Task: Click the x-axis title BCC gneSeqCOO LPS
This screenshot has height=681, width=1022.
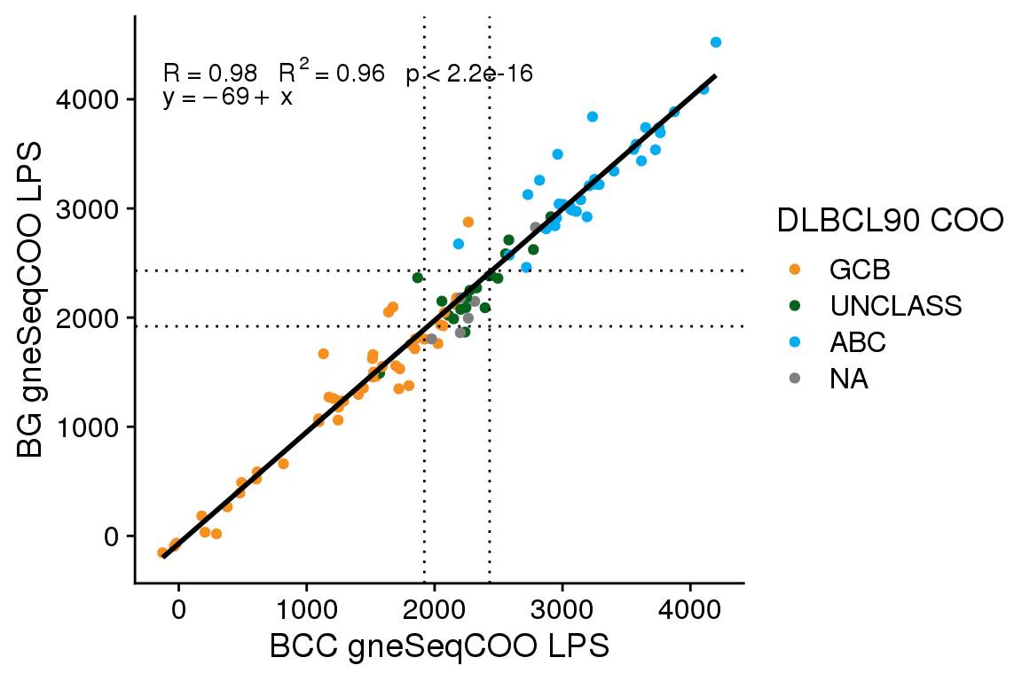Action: pyautogui.click(x=439, y=646)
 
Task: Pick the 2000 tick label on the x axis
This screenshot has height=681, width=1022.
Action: pyautogui.click(x=434, y=611)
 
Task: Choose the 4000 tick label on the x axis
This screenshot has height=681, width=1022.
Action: pyautogui.click(x=689, y=611)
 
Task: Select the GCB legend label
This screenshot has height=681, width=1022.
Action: pyautogui.click(x=860, y=268)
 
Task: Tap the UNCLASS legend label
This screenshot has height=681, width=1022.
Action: pyautogui.click(x=896, y=305)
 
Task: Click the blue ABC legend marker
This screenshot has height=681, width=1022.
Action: pyautogui.click(x=794, y=341)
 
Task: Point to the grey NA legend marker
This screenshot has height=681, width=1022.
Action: pyautogui.click(x=794, y=379)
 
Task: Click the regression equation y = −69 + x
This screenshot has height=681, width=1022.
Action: pyautogui.click(x=228, y=98)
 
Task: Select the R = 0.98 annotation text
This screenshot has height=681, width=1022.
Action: pyautogui.click(x=210, y=74)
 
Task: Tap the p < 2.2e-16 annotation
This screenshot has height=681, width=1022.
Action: pyautogui.click(x=469, y=74)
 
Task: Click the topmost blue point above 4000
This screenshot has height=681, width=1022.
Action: pyautogui.click(x=716, y=43)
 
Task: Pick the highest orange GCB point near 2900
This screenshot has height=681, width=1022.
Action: pyautogui.click(x=468, y=222)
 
